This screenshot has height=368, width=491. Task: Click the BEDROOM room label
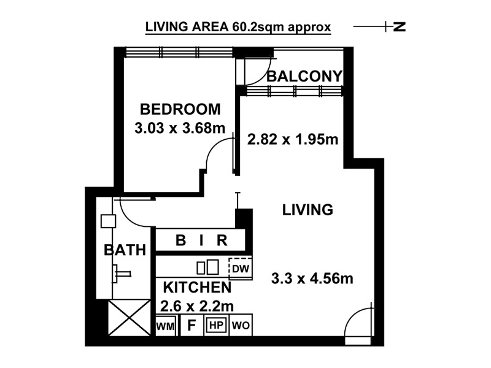point(180,109)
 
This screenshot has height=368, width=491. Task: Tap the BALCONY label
point(304,76)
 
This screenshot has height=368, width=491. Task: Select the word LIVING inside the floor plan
point(307,210)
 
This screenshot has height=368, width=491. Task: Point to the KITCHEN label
point(197,287)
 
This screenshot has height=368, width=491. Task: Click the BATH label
point(125,250)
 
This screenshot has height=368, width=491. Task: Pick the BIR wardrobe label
point(201,240)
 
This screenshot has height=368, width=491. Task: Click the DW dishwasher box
point(241,269)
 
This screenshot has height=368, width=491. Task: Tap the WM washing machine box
point(165,326)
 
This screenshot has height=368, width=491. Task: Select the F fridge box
point(191,326)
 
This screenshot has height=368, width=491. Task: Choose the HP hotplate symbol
point(216,326)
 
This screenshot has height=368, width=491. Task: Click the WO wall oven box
point(241,326)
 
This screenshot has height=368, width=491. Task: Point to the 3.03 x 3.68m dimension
point(180,128)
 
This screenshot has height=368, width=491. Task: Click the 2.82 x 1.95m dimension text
point(293,139)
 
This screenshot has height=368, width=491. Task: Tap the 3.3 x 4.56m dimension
point(312,278)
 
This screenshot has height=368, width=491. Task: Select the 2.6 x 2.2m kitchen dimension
point(197,306)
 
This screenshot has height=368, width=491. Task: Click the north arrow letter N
point(400,26)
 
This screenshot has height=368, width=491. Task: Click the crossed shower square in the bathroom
point(130,317)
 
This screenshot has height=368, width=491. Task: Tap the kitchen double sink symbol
point(207,267)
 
